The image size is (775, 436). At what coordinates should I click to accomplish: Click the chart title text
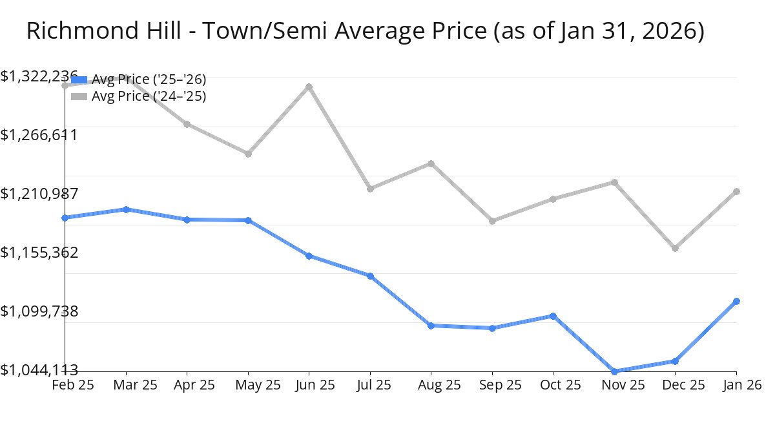coord(365,31)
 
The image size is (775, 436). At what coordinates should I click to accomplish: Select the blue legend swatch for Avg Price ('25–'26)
coord(79,79)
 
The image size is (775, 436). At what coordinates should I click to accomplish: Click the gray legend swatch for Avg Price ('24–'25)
coord(79,96)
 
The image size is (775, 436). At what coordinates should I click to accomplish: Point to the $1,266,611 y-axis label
coord(39,135)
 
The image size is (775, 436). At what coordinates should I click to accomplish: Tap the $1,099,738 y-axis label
coord(39,311)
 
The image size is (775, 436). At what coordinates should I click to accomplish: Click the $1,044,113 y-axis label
coord(39,369)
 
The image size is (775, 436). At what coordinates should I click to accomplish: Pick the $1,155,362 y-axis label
coord(39,252)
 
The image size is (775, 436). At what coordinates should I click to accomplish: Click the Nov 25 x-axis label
coord(614,385)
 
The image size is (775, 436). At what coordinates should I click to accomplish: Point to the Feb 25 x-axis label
coord(72,385)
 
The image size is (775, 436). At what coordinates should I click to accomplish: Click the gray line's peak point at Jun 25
coord(309,87)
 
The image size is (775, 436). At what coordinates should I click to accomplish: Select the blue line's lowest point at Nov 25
coord(614,371)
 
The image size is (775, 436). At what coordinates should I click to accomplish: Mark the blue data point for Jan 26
coord(736,302)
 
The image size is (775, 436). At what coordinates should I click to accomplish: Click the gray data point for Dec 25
coord(675,248)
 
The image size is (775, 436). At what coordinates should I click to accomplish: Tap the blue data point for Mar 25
coord(126,209)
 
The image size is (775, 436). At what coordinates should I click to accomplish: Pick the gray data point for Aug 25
coord(431,163)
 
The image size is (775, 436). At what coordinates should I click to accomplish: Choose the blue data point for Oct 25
coord(553,316)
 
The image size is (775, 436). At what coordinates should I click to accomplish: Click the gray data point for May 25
coord(248,154)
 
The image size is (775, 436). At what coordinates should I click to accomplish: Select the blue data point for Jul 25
coord(370,276)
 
